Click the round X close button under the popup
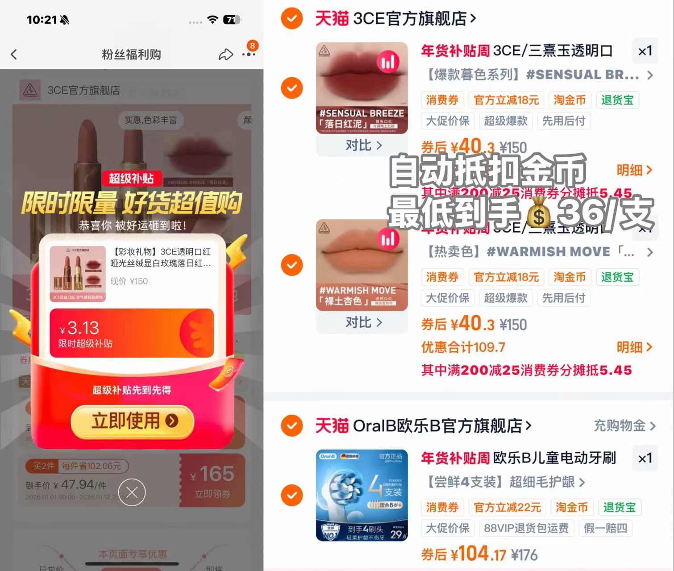132,492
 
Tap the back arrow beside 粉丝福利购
14,54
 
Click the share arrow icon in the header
226,54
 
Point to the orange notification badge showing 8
253,46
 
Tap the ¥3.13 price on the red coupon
80,328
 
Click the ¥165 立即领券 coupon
212,480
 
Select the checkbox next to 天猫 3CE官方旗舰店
292,18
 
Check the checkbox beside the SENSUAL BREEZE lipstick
292,88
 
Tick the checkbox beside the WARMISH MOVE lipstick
292,265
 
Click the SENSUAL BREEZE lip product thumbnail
362,88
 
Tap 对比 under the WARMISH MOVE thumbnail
363,322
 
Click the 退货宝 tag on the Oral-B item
619,507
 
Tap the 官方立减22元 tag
507,507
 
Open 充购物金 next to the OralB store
624,426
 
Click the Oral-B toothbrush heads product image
362,495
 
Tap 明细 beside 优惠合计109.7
634,347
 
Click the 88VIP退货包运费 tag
526,528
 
